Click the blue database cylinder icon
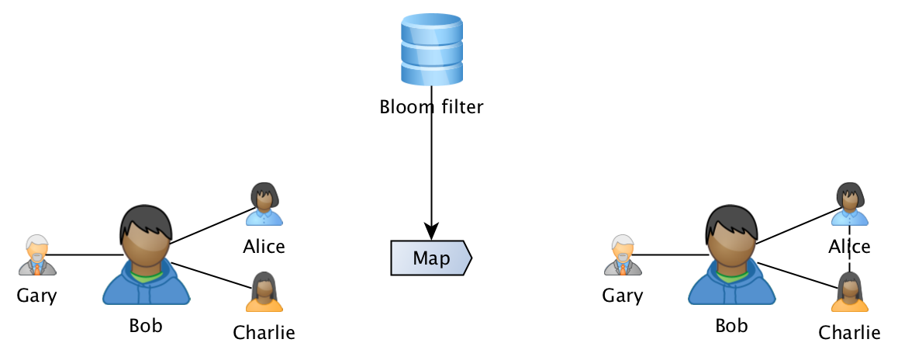431,50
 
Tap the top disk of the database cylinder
431,28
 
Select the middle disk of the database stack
431,53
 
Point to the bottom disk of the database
431,74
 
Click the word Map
430,258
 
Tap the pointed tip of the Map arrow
468,258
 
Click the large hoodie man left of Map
147,256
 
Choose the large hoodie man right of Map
732,256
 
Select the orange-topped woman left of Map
264,292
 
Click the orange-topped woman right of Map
850,292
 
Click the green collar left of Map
147,273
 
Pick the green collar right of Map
732,273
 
